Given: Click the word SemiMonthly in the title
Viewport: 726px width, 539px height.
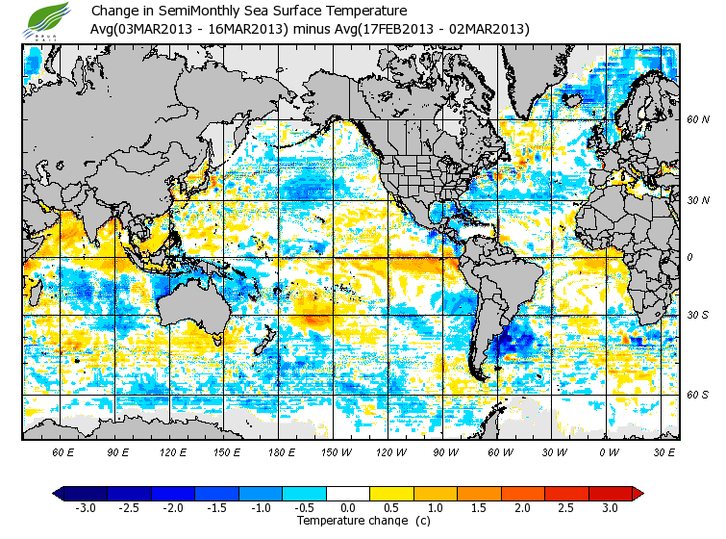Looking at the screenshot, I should click(x=197, y=12).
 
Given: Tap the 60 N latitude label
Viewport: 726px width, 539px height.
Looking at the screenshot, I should click(x=697, y=120).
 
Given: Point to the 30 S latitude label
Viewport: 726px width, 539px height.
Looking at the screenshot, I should click(x=697, y=315).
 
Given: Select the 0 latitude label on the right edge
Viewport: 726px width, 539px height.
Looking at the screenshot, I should click(x=690, y=257).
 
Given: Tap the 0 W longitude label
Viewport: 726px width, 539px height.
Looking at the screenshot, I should click(x=608, y=450).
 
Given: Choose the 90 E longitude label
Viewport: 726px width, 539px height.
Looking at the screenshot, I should click(x=118, y=450).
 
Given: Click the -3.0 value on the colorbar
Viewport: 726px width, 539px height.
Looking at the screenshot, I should click(x=86, y=507).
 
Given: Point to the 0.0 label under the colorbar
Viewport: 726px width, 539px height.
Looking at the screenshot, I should click(x=348, y=507).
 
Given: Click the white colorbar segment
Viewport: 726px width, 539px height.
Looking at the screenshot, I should click(x=348, y=493).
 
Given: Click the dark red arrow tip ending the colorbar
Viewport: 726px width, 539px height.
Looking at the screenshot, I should click(x=637, y=493).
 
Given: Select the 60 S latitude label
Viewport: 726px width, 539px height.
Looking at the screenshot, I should click(x=697, y=395).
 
